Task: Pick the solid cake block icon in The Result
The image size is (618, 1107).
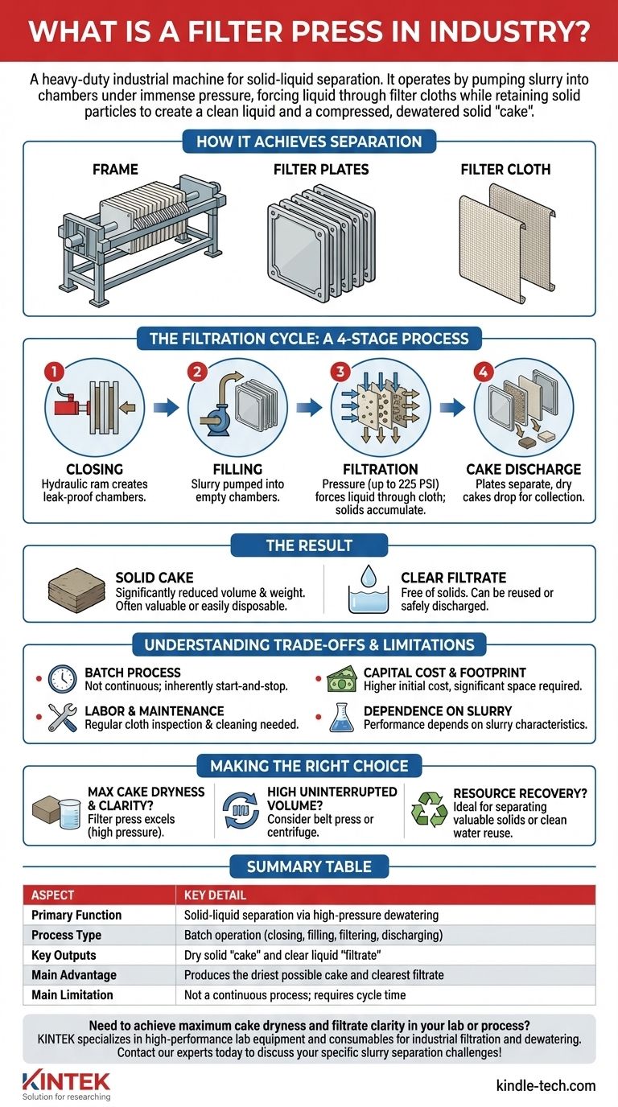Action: tap(72, 591)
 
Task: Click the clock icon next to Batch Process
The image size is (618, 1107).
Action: tap(62, 678)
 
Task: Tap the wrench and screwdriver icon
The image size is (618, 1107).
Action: tap(62, 718)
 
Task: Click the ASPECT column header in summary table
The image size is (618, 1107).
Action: tap(52, 895)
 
